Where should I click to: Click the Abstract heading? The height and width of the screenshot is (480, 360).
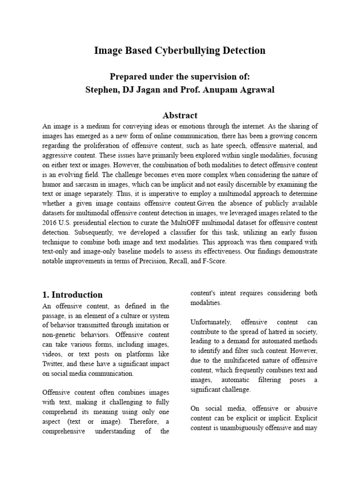[x=180, y=115]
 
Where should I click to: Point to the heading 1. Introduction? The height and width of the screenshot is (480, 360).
[x=72, y=295]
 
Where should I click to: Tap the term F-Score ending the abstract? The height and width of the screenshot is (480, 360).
[x=213, y=262]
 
